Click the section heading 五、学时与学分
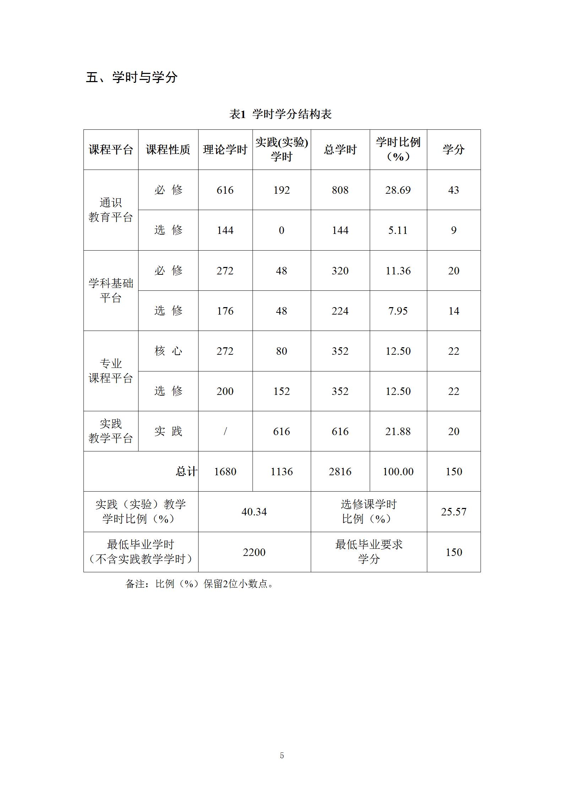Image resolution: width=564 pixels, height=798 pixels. tap(132, 77)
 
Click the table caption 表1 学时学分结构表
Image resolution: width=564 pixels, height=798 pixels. tap(280, 114)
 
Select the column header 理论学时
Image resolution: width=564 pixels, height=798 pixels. tap(225, 150)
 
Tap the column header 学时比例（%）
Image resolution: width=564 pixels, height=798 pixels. tap(398, 149)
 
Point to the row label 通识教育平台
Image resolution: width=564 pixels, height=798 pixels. tap(110, 210)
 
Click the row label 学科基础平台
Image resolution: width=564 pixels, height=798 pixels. tap(110, 290)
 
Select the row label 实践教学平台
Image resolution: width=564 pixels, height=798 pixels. tap(110, 431)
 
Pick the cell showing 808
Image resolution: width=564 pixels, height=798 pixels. tap(340, 190)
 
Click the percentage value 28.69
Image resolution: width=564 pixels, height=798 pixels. tap(398, 190)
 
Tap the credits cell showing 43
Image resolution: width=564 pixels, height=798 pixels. tap(453, 190)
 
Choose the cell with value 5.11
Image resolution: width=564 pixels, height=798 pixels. tap(398, 230)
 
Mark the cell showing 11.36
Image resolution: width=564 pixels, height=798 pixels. tap(398, 271)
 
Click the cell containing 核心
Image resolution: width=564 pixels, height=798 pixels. tap(168, 351)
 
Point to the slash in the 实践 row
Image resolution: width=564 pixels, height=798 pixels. tap(225, 432)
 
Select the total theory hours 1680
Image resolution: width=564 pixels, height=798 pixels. tap(225, 472)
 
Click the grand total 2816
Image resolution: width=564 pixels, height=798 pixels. tap(340, 472)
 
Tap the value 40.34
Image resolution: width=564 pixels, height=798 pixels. tap(254, 512)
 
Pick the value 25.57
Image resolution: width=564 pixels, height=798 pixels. tap(454, 512)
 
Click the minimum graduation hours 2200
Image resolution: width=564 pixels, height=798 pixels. tap(254, 552)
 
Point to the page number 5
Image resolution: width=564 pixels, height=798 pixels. tap(282, 753)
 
